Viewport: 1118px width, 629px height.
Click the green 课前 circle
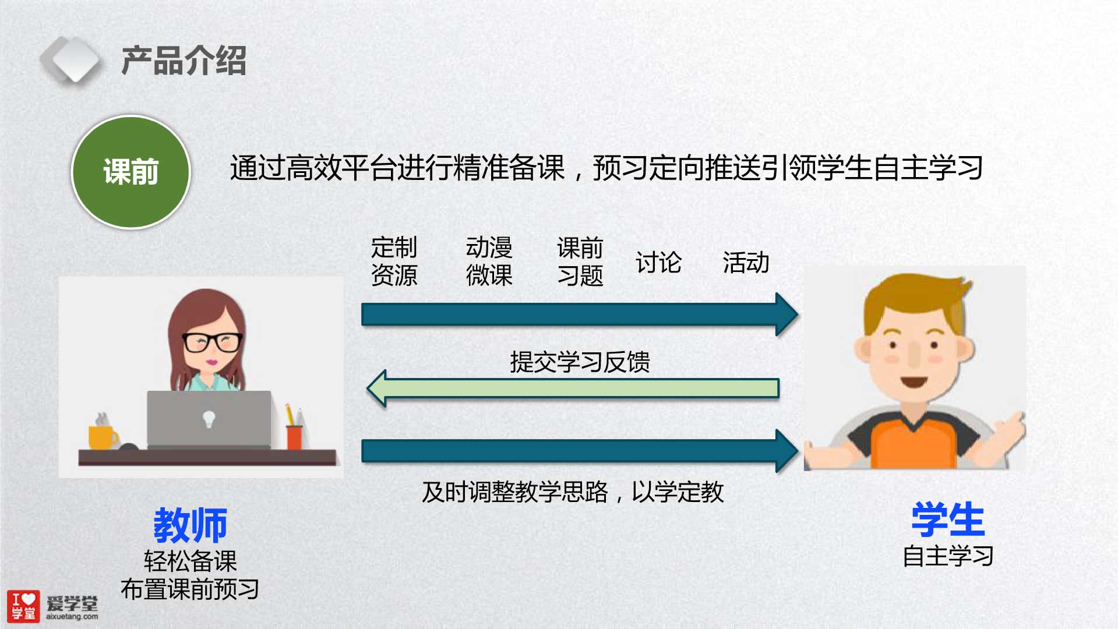pos(131,172)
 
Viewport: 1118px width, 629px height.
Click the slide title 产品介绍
pos(184,61)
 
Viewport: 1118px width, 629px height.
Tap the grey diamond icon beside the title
pos(71,59)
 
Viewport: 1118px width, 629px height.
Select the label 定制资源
pos(394,261)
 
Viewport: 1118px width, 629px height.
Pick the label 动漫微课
pos(489,261)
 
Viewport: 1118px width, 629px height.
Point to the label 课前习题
pos(580,262)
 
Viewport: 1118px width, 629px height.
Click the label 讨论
pos(658,263)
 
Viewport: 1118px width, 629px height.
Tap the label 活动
pos(746,263)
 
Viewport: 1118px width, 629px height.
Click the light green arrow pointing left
pos(573,388)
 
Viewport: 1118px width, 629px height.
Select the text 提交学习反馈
pos(580,362)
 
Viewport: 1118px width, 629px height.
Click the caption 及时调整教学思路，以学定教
pos(573,492)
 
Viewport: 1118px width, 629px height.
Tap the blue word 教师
pos(190,525)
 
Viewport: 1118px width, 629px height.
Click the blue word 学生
pos(948,520)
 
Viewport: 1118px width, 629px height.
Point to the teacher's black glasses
pos(212,342)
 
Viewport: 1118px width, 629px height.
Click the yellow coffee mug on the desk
pos(103,437)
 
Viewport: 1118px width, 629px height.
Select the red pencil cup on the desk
pos(294,437)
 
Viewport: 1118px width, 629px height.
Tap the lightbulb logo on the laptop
pos(209,419)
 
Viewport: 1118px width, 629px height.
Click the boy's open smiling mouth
pos(914,382)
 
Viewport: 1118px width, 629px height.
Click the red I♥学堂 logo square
pos(23,606)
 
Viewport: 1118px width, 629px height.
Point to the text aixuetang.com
pos(72,616)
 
